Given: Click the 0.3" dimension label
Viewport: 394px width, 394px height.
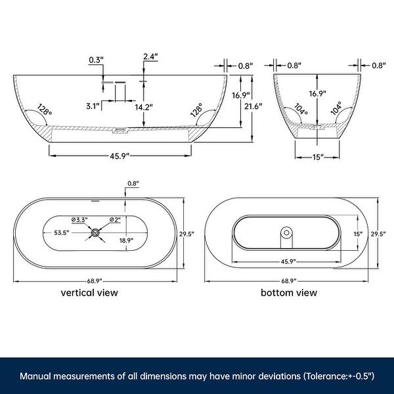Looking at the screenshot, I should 95,60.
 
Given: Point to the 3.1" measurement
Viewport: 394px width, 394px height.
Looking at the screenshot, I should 93,106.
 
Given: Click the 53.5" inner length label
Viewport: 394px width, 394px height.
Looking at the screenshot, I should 62,232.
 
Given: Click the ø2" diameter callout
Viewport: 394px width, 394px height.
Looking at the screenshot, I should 114,219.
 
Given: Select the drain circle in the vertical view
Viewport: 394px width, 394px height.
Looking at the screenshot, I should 96,232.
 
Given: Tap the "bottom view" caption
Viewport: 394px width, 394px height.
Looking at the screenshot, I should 288,292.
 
